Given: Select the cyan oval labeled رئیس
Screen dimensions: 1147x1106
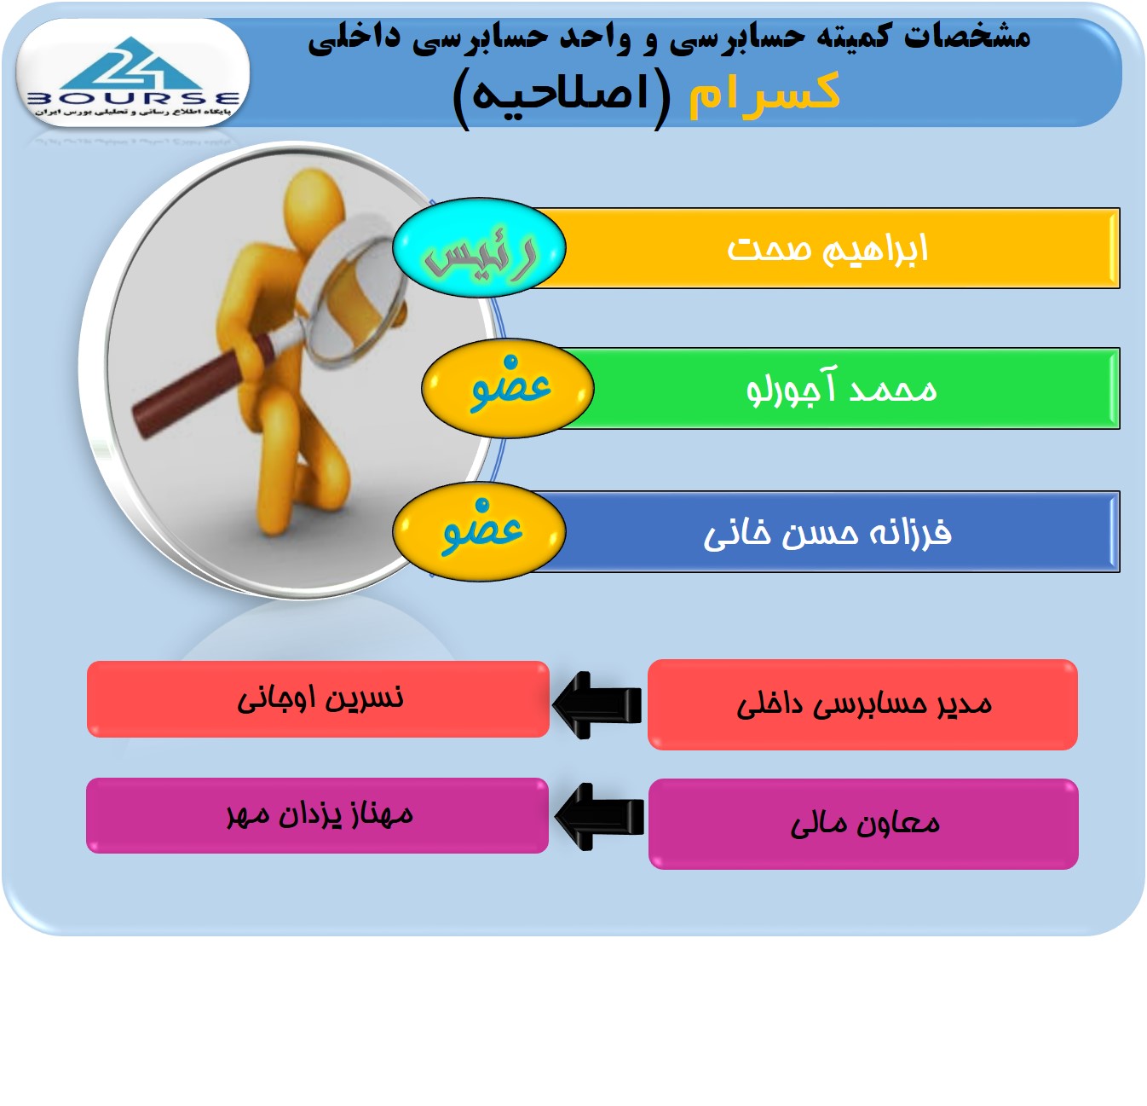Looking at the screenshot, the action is tap(479, 248).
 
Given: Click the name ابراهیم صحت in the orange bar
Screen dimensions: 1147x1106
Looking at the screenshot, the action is tap(827, 249).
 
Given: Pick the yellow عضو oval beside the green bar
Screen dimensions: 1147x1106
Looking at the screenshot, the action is tap(508, 388).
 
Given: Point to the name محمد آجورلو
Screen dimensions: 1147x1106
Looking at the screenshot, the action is tap(841, 387).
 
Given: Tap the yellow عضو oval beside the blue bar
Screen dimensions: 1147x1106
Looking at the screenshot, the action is tap(479, 531).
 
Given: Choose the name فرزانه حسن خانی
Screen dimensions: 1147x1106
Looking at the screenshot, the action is tap(827, 532).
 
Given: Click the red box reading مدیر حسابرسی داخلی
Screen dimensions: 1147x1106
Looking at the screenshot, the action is tap(862, 705).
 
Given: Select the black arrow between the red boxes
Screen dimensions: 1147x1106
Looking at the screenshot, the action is tap(597, 705).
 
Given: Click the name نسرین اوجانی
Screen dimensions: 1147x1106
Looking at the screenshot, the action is tap(320, 698).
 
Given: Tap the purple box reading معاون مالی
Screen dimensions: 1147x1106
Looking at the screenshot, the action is tap(863, 824).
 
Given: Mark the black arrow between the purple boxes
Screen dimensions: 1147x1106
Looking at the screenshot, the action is tap(599, 817).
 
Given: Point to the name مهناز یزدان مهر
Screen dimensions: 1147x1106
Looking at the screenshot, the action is tap(320, 815).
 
